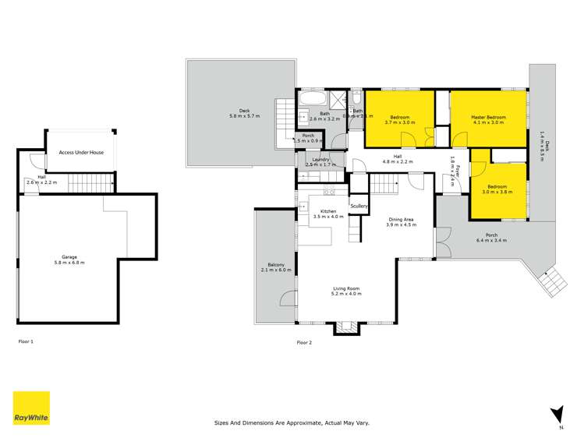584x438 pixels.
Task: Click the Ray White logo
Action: click(31, 408)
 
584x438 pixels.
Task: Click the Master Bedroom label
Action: click(488, 120)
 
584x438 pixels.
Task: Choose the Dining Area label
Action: click(402, 221)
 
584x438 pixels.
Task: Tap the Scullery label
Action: click(359, 206)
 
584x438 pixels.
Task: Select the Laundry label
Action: click(320, 162)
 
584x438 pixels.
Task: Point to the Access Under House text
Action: click(81, 153)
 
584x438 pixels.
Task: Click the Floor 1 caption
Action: click(26, 341)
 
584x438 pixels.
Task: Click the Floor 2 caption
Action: click(303, 342)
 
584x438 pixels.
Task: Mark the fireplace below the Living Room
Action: click(345, 327)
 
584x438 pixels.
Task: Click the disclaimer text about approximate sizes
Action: click(292, 423)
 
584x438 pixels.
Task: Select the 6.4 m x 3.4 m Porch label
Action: click(491, 238)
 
